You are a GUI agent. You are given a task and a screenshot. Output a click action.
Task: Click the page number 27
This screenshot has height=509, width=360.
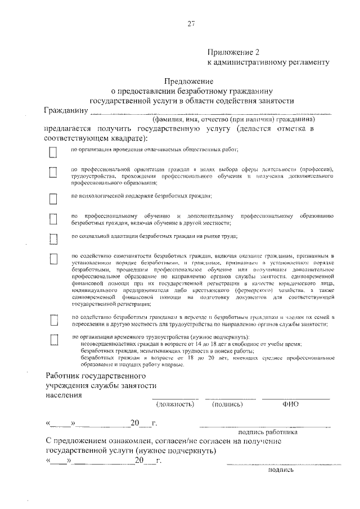pyautogui.click(x=191, y=23)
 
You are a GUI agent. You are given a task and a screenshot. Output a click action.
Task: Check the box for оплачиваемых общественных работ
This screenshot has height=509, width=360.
pyautogui.click(x=53, y=152)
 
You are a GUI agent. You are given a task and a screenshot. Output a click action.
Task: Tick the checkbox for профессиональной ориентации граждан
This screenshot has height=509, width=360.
pyautogui.click(x=53, y=172)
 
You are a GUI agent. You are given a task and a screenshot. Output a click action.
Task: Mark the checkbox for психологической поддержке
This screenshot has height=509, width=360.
pyautogui.click(x=53, y=199)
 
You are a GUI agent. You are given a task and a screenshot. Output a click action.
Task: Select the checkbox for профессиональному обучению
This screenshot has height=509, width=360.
pyautogui.click(x=53, y=219)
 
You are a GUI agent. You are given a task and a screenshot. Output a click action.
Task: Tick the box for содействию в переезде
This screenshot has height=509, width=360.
pyautogui.click(x=53, y=320)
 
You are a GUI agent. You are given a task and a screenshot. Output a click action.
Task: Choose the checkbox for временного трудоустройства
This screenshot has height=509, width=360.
pyautogui.click(x=53, y=339)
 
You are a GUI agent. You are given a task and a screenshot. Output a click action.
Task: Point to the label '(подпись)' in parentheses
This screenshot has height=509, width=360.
pyautogui.click(x=227, y=404)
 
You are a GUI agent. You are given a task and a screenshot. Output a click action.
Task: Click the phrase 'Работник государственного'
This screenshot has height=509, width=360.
pyautogui.click(x=95, y=375)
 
